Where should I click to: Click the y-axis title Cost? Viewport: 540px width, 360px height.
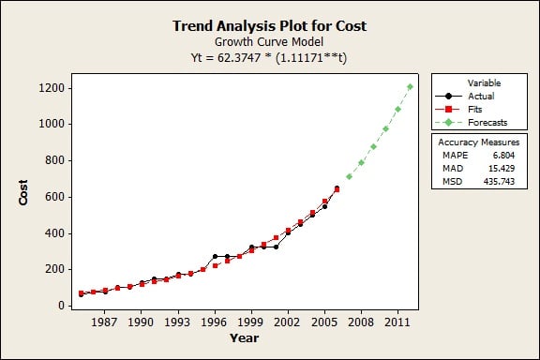pos(23,192)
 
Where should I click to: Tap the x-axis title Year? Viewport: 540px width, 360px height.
pos(244,337)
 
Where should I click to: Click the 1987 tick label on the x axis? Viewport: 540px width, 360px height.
pos(104,322)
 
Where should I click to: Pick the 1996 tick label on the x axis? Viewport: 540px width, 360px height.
pos(215,322)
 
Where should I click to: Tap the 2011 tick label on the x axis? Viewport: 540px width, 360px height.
pos(397,322)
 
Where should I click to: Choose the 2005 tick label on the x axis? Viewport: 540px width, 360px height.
pos(324,322)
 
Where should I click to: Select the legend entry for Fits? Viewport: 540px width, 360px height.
pos(474,109)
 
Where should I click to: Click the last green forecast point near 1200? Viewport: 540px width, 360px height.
pos(410,87)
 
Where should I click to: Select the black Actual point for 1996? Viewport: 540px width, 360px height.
pos(215,256)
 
